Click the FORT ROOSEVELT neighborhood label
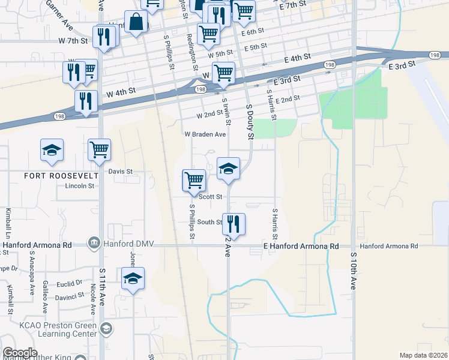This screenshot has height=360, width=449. click(52, 175)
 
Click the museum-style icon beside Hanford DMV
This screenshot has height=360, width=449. click(94, 243)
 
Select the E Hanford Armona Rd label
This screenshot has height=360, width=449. click(301, 246)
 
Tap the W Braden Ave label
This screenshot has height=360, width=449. click(205, 134)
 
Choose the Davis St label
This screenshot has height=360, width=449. click(120, 171)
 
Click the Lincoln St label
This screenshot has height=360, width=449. click(79, 186)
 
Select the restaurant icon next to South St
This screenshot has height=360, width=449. click(234, 224)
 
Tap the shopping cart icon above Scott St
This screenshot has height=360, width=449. click(194, 179)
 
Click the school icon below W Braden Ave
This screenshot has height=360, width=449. click(229, 168)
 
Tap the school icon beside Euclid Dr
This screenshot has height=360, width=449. click(133, 278)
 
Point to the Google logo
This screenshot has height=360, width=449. click(20, 353)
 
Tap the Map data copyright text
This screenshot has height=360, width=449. click(424, 355)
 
